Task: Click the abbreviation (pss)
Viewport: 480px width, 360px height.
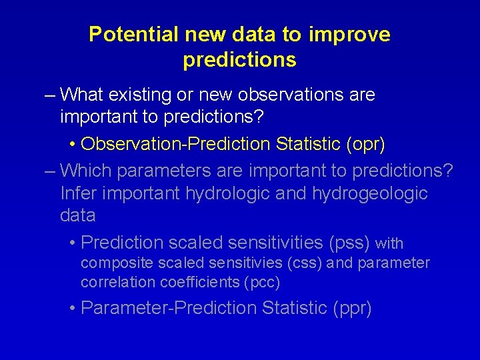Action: tap(349, 242)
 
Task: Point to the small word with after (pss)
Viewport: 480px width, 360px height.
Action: tap(390, 244)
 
